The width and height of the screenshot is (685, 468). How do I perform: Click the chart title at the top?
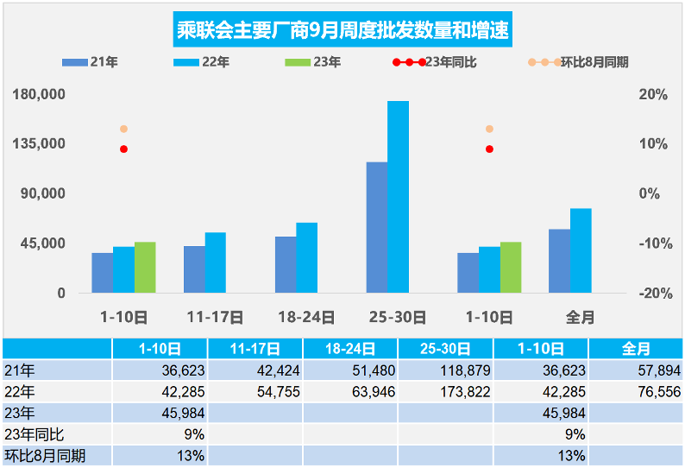tap(342, 32)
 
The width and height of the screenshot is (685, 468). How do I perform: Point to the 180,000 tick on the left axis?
tap(39, 94)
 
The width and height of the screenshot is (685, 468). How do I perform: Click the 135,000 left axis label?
tap(39, 143)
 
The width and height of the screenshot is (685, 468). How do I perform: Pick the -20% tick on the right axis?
tap(655, 294)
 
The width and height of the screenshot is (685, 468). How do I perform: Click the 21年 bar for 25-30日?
tap(377, 228)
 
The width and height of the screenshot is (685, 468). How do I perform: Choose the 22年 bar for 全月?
tap(581, 250)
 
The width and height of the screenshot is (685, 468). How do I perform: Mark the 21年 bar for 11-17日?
tap(194, 269)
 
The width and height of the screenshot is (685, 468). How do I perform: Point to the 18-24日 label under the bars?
tap(306, 317)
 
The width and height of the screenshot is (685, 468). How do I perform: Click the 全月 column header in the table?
tap(636, 349)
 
